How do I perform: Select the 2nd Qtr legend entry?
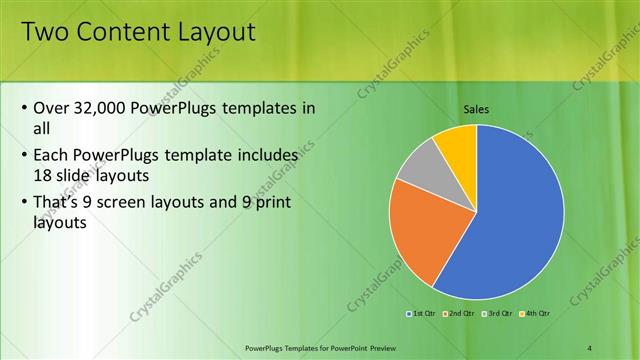[458, 313]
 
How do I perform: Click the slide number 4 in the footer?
[589, 346]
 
